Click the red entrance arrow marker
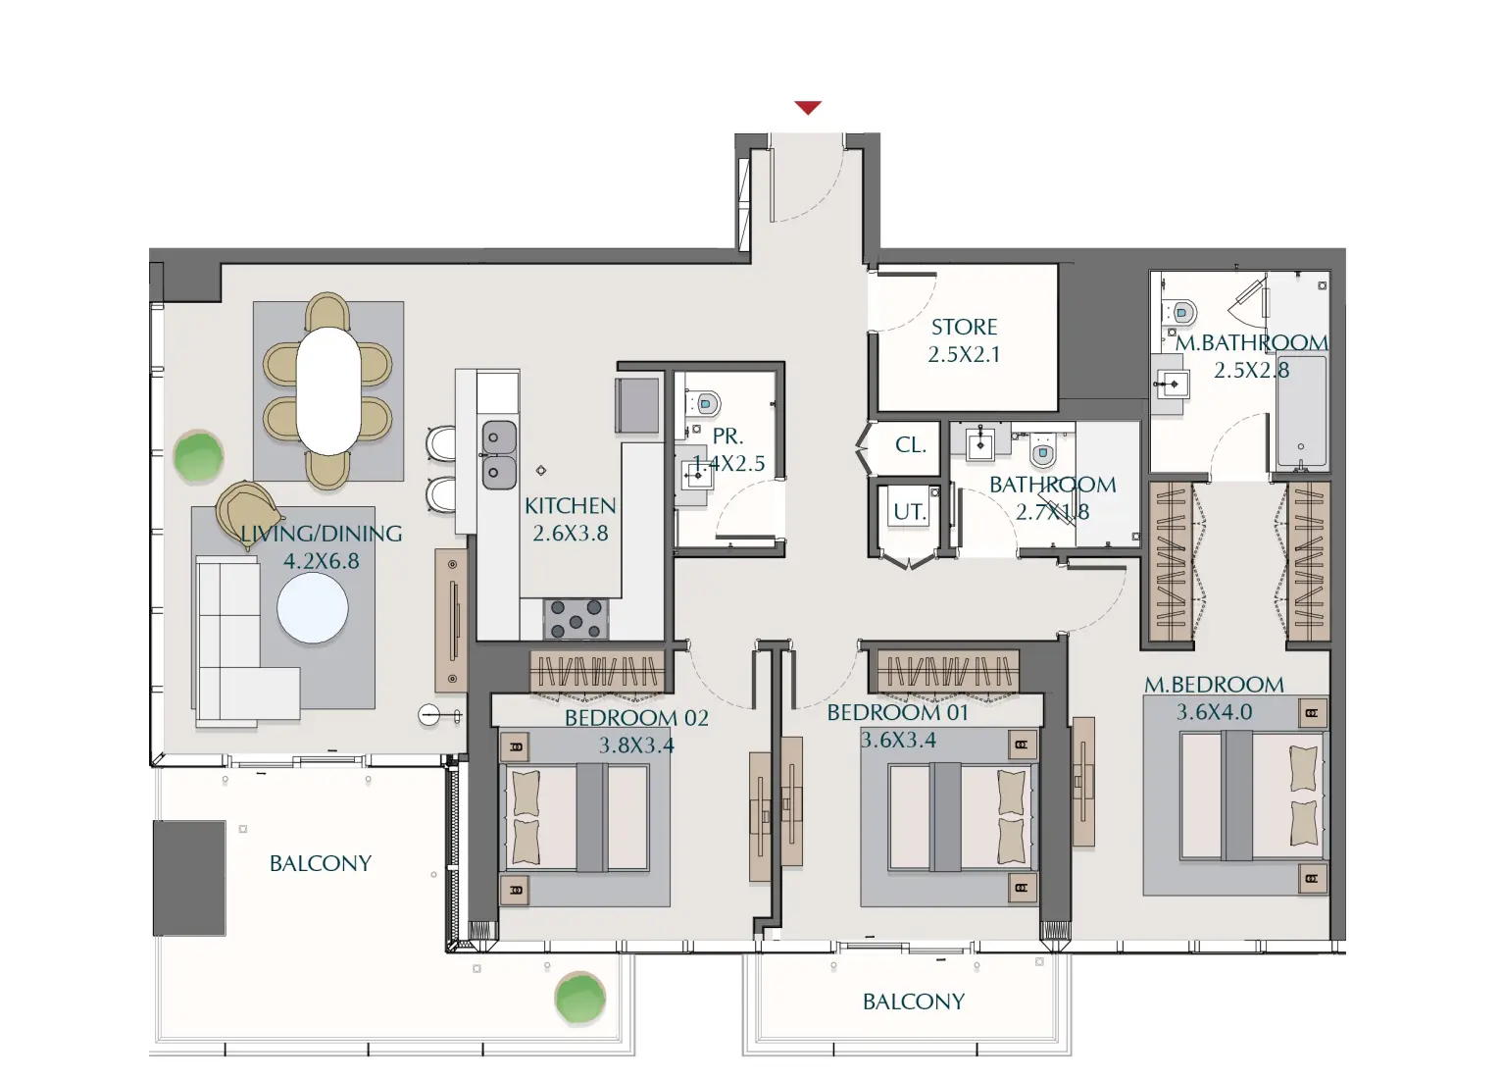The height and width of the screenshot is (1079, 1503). point(807,108)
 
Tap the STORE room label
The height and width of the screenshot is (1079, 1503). point(964,327)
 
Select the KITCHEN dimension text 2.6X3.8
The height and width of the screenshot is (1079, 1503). point(570,534)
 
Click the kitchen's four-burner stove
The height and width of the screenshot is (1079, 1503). point(576,619)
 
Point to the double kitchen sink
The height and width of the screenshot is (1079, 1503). point(498,454)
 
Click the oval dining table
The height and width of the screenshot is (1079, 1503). point(328,390)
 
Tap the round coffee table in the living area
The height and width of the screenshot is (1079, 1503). point(312,608)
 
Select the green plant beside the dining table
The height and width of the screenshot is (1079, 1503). point(198,456)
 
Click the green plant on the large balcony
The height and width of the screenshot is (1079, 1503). point(579,999)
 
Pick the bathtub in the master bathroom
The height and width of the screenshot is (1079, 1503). point(1301,412)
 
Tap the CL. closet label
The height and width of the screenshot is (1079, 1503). point(910,445)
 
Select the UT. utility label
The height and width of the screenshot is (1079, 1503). point(909,511)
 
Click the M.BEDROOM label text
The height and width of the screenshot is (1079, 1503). point(1214,685)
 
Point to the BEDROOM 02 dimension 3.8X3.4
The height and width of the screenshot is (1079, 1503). point(636,745)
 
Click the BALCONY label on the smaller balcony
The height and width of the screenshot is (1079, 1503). point(913,1002)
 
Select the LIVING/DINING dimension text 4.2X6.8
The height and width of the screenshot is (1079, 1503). point(321,561)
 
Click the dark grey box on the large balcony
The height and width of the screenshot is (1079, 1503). point(189,878)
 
